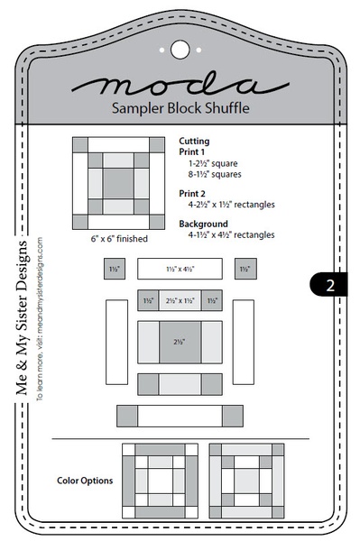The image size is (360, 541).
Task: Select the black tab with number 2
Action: pyautogui.click(x=330, y=285)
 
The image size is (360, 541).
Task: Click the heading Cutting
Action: pyautogui.click(x=194, y=141)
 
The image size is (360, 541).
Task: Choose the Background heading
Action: pyautogui.click(x=202, y=224)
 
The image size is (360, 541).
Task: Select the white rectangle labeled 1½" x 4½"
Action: pyautogui.click(x=179, y=269)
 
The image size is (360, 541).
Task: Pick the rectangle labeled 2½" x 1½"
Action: pyautogui.click(x=179, y=300)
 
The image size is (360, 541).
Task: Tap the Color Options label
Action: pyautogui.click(x=85, y=481)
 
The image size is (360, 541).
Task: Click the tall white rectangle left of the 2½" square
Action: pyautogui.click(x=117, y=343)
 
